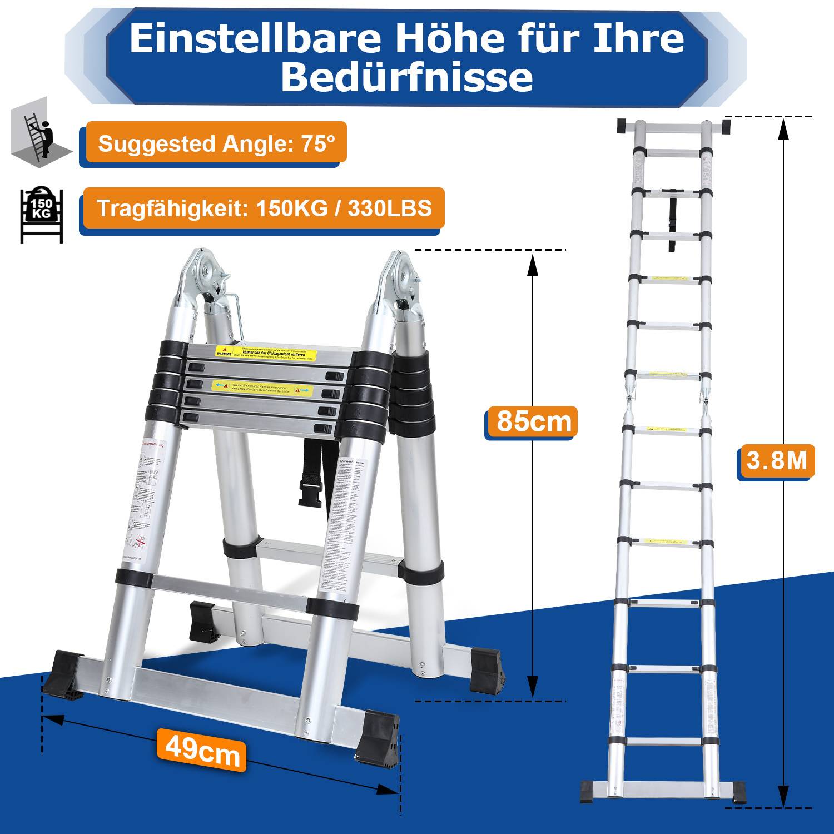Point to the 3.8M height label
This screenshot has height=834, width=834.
776,461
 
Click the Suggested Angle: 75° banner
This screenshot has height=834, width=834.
216,143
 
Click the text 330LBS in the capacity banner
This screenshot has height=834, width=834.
390,208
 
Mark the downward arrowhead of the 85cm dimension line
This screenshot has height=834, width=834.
533,687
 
